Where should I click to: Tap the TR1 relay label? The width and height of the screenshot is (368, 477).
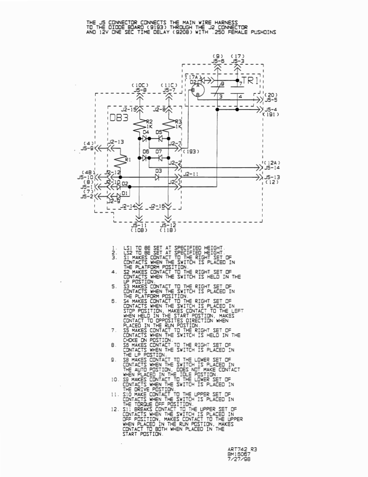pos(250,81)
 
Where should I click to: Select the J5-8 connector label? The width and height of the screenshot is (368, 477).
pos(140,90)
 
